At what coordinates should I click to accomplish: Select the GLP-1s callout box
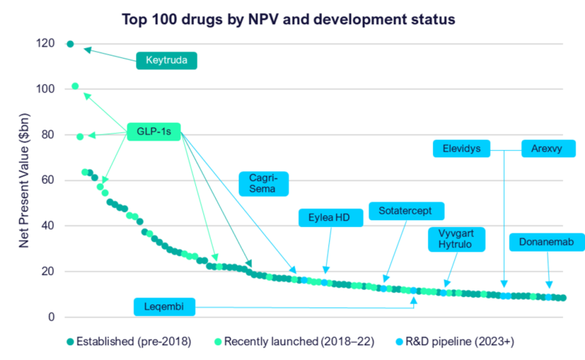point(154,132)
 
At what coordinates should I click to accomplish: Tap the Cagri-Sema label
point(263,183)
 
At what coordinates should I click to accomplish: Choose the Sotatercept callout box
point(405,211)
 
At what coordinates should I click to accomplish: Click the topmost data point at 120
point(69,44)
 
